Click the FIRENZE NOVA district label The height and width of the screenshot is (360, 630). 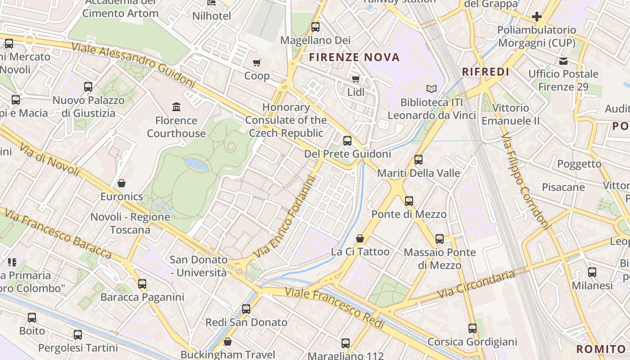(x=354, y=57)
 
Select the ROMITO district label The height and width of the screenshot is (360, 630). (x=601, y=349)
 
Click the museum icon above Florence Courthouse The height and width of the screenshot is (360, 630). (x=176, y=107)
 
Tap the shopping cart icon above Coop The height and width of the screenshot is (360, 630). (x=257, y=63)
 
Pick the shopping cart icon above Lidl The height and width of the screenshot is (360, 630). (x=355, y=79)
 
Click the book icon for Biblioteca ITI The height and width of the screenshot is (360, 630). (x=432, y=89)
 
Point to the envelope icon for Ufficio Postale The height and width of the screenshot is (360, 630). (x=563, y=61)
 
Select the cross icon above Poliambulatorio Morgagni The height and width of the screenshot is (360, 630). (x=536, y=17)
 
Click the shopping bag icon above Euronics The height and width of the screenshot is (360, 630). (x=121, y=183)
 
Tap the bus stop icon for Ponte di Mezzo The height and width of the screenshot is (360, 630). (x=409, y=201)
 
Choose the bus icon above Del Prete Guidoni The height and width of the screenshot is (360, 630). (x=347, y=140)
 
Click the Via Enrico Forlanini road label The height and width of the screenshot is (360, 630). (x=285, y=217)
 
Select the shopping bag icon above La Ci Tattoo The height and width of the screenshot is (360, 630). (x=360, y=238)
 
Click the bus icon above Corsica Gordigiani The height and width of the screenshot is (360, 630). (x=472, y=328)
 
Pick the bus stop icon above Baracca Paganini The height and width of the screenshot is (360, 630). (x=142, y=284)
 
